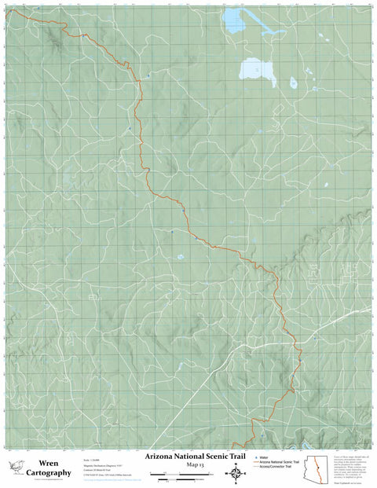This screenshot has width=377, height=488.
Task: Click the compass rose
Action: pos(236,472)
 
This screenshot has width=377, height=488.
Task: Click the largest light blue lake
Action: pos(257,72)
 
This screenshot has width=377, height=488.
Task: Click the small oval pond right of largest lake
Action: pos(293,82)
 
